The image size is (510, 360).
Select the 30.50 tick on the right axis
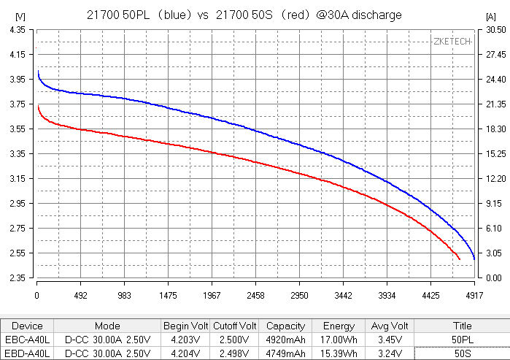click(490, 29)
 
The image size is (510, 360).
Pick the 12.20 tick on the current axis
click(490, 179)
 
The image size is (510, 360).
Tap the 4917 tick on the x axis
click(474, 296)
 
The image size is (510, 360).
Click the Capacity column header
click(285, 326)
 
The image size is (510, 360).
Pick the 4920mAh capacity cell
click(285, 340)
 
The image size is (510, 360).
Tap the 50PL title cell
click(462, 340)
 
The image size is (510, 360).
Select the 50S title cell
click(462, 354)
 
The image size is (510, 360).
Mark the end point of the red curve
click(459, 259)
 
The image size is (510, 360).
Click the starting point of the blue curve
click(37, 71)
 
